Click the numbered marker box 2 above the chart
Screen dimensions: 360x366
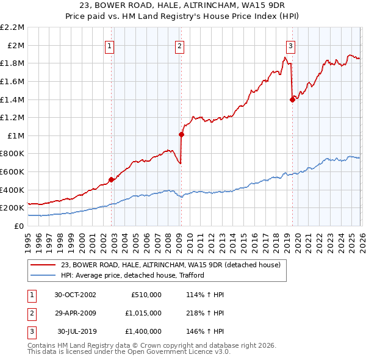pyautogui.click(x=179, y=46)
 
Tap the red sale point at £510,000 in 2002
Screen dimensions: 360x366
pyautogui.click(x=111, y=179)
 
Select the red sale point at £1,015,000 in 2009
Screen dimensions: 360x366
pyautogui.click(x=181, y=134)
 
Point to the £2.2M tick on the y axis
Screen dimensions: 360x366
pyautogui.click(x=12, y=27)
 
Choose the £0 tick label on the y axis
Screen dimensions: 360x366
pyautogui.click(x=18, y=226)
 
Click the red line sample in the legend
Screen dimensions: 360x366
pyautogui.click(x=44, y=265)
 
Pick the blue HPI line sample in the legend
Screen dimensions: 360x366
pyautogui.click(x=44, y=275)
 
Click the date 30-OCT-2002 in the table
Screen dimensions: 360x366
pyautogui.click(x=75, y=295)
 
